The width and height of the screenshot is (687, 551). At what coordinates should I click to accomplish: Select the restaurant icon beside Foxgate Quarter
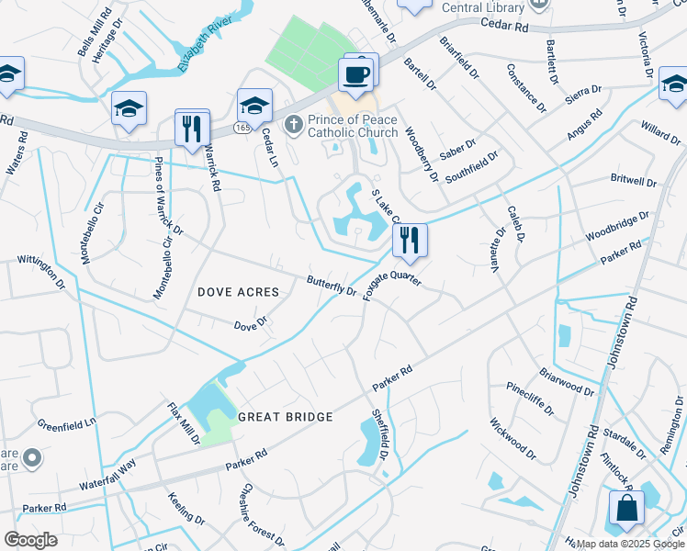[410, 241]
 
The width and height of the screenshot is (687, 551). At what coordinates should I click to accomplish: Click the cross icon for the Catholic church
[294, 124]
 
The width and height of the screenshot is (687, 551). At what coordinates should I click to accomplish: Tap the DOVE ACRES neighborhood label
[238, 292]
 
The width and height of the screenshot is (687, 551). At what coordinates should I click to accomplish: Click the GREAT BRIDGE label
[285, 417]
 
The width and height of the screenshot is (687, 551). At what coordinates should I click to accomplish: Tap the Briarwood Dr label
[567, 382]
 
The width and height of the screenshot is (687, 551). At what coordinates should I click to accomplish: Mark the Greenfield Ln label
[66, 425]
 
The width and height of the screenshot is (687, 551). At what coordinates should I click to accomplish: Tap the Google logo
[30, 540]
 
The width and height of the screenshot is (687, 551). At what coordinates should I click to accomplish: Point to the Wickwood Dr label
[512, 438]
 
